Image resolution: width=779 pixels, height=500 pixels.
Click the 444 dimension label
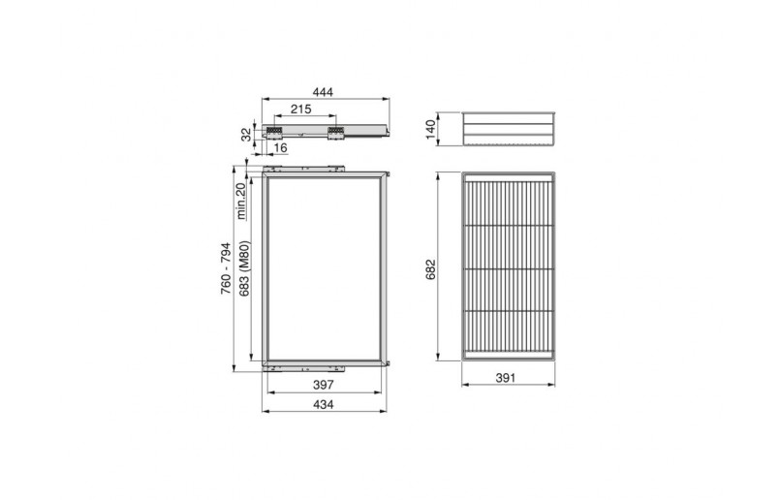click(323, 92)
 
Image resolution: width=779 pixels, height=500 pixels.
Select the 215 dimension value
click(301, 109)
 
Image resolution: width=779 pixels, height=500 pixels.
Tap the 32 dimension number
click(246, 134)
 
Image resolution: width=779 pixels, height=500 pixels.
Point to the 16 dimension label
click(280, 147)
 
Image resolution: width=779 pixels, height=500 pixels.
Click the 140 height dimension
click(430, 129)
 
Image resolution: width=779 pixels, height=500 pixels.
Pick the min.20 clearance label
click(241, 201)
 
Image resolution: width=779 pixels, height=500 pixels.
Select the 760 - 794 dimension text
click(226, 267)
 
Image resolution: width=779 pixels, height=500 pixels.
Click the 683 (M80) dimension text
click(244, 268)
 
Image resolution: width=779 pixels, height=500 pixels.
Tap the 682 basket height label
click(430, 269)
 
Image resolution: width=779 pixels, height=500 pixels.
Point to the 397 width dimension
click(324, 385)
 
